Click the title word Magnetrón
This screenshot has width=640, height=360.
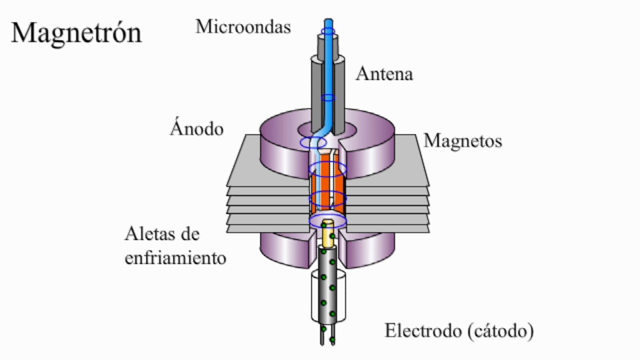click(x=76, y=33)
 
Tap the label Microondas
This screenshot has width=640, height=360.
click(x=243, y=26)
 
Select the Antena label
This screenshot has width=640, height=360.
click(x=384, y=74)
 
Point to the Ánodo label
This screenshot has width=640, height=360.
click(x=196, y=128)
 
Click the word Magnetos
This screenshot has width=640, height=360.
click(x=462, y=141)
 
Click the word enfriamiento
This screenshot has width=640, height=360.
click(x=175, y=258)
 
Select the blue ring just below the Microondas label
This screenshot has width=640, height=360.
click(x=328, y=32)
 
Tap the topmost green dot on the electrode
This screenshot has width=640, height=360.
click(x=324, y=225)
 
